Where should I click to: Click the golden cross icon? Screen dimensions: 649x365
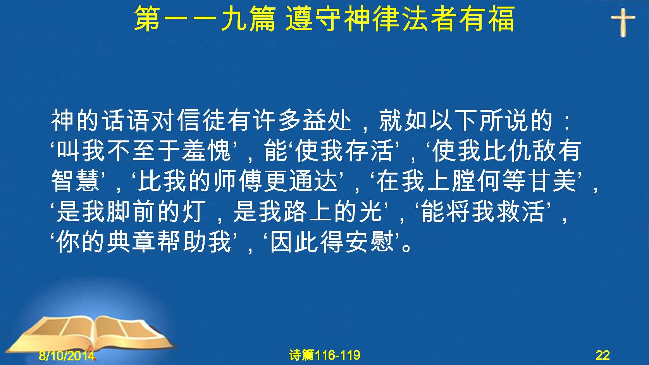tap(623, 22)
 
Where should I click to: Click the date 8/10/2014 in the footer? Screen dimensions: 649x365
tap(67, 355)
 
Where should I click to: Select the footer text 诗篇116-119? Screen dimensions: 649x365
tap(325, 355)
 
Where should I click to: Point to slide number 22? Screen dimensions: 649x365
tap(603, 355)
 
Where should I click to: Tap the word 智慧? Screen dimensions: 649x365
tap(75, 181)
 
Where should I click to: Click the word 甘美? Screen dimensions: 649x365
tap(553, 181)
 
